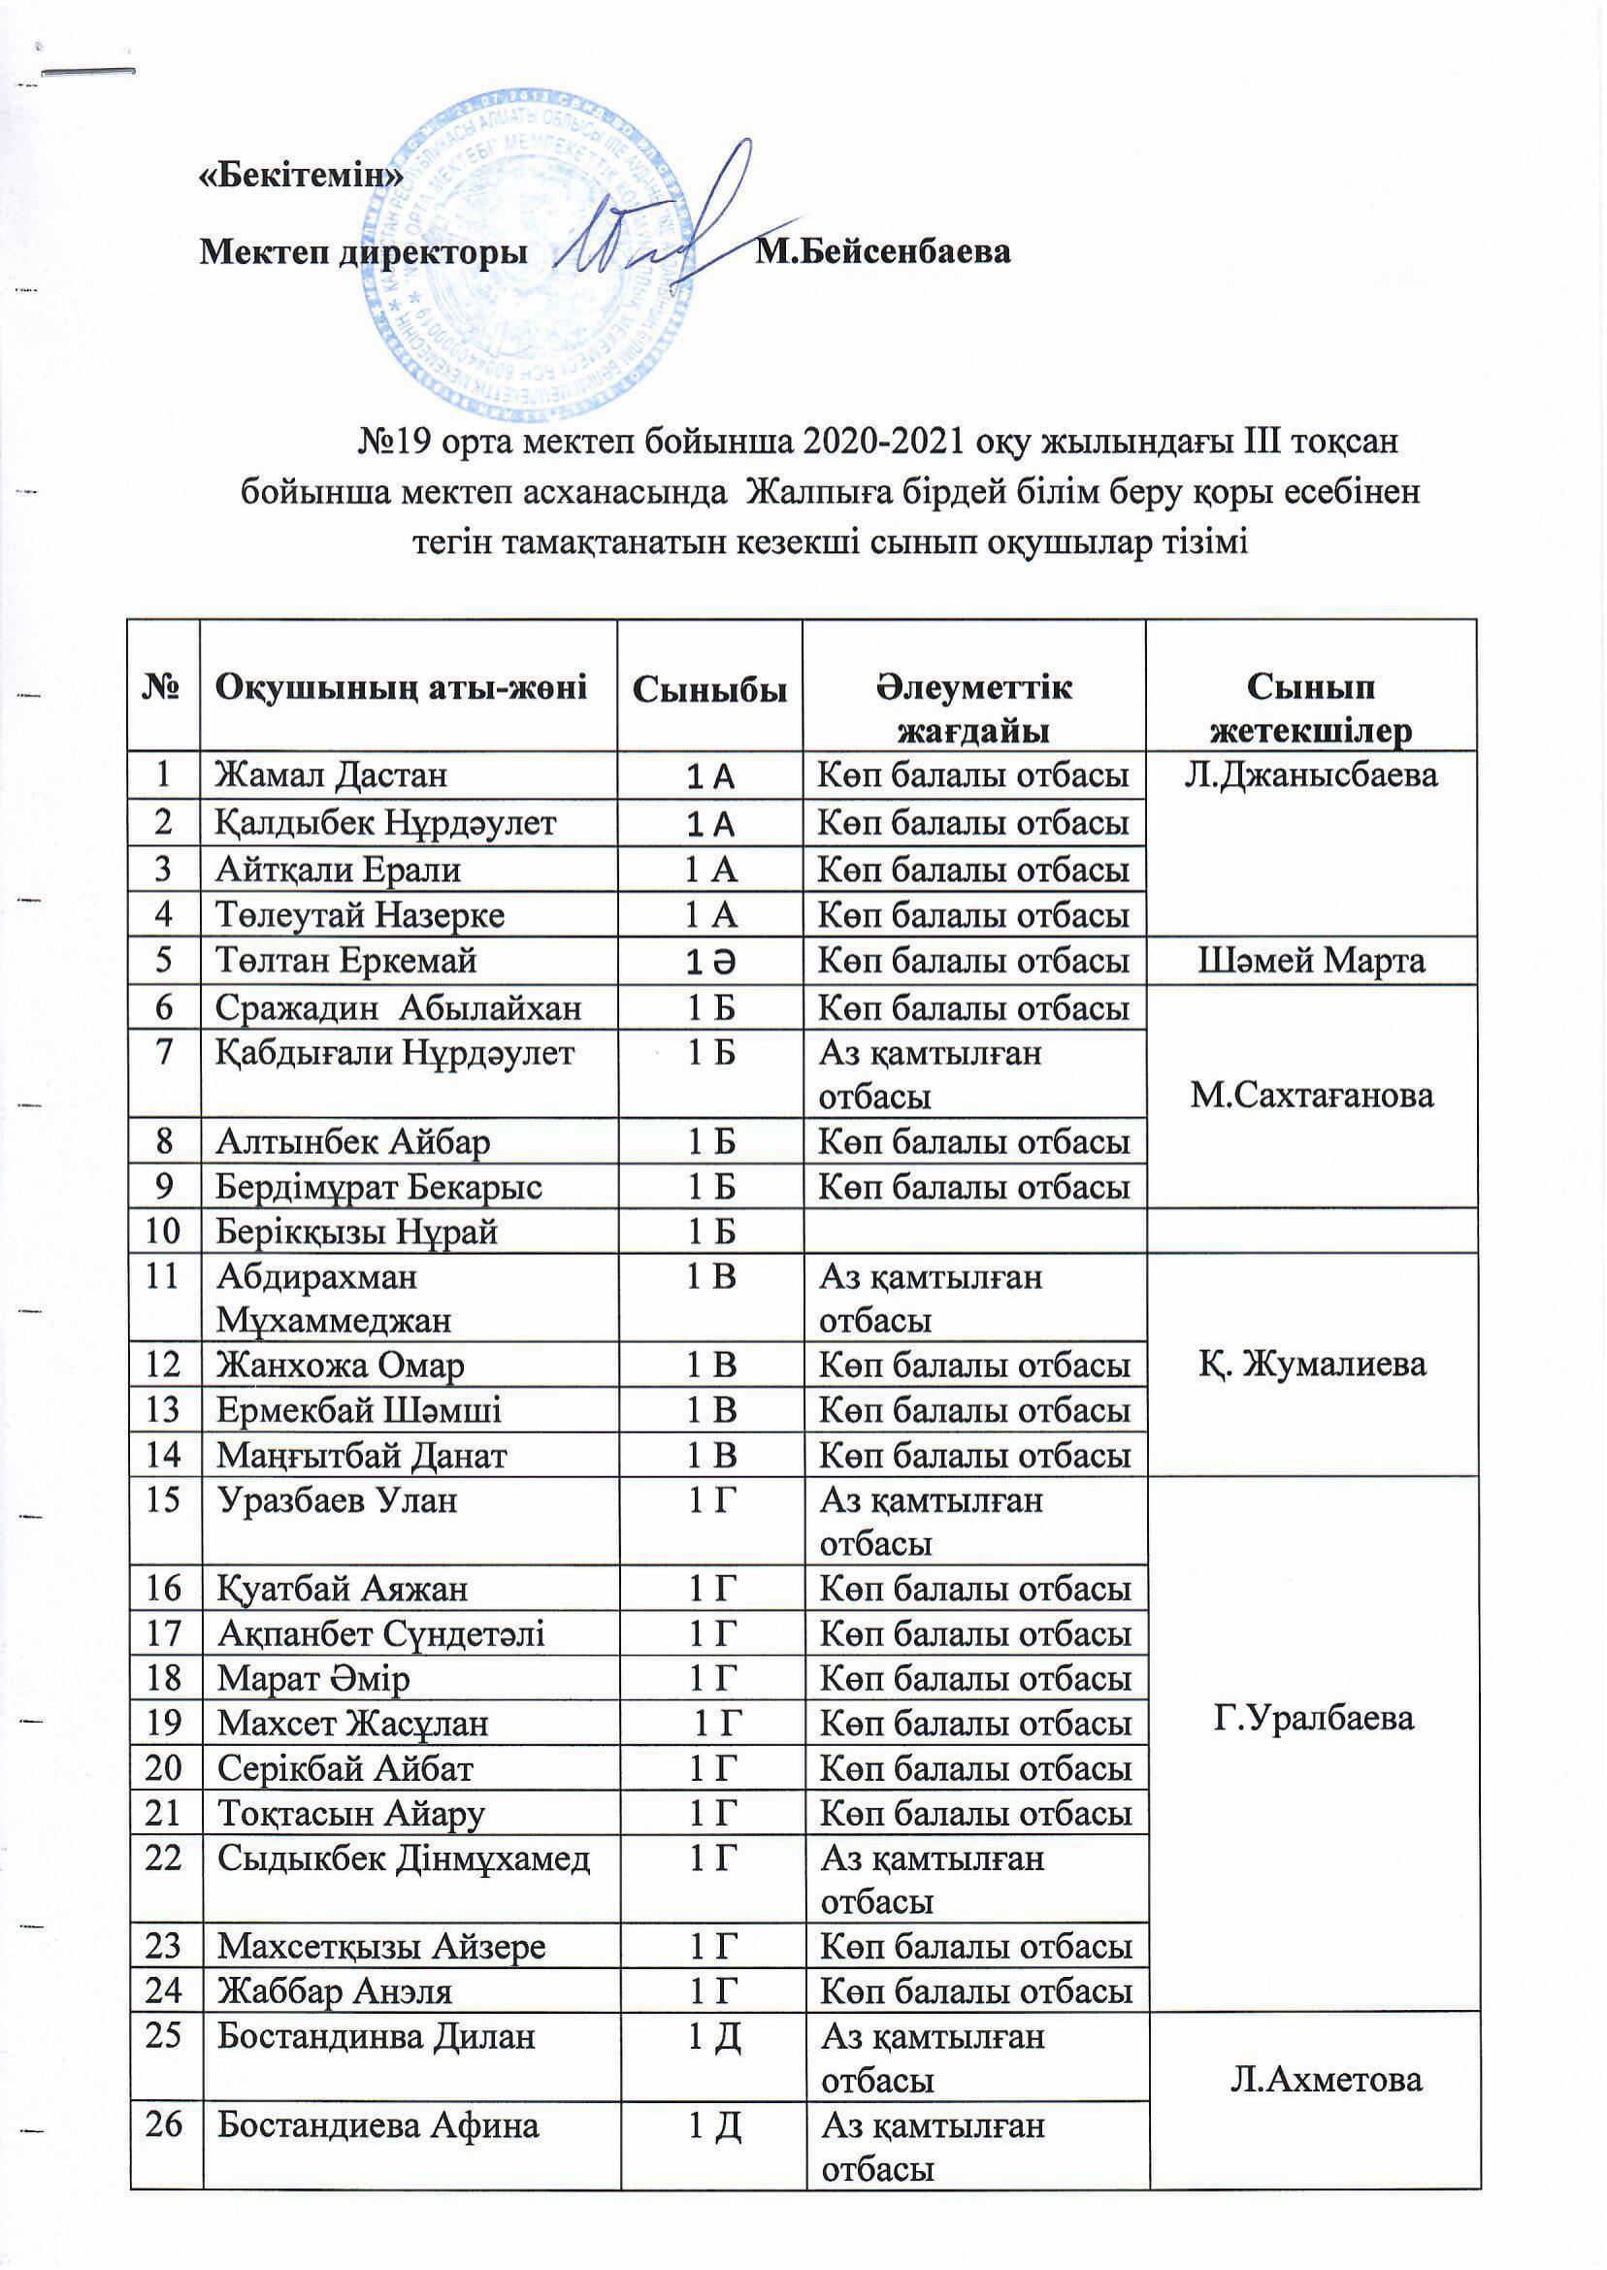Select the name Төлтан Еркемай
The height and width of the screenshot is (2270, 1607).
(x=347, y=961)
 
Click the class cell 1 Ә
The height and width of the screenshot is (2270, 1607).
(x=709, y=961)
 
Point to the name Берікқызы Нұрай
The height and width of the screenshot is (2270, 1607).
(x=357, y=1232)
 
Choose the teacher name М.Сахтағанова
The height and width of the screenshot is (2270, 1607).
(x=1311, y=1097)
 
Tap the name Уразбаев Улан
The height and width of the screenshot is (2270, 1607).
(x=338, y=1501)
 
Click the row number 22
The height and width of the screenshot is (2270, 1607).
(x=165, y=1859)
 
